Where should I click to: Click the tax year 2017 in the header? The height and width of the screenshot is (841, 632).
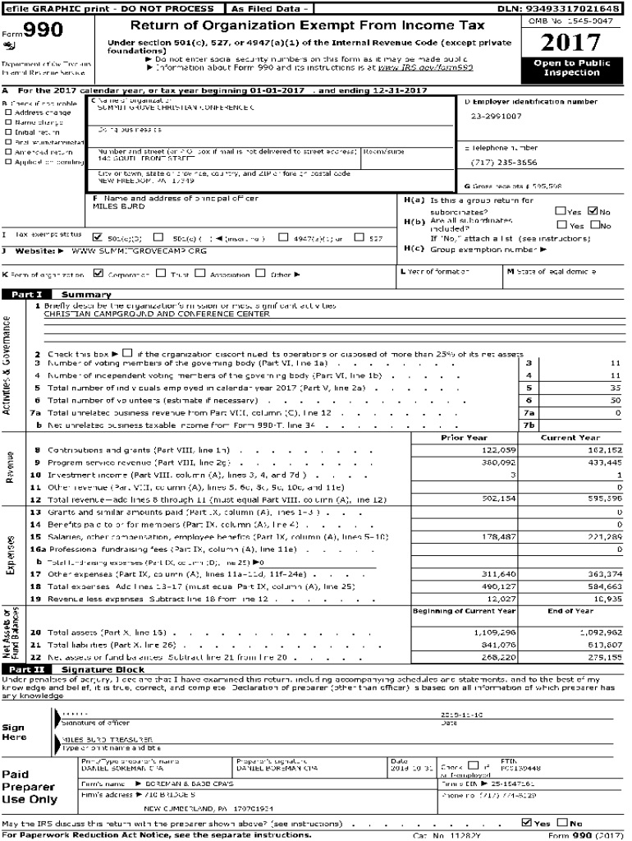[x=571, y=44]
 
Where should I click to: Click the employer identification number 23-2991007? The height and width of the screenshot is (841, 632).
[x=496, y=117]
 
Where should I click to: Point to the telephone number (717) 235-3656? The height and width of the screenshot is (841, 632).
[x=504, y=163]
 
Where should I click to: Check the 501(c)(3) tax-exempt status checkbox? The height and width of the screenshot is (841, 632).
[x=98, y=237]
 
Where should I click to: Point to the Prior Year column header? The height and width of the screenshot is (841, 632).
[x=464, y=438]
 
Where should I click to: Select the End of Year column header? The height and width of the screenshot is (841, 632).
[x=570, y=611]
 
